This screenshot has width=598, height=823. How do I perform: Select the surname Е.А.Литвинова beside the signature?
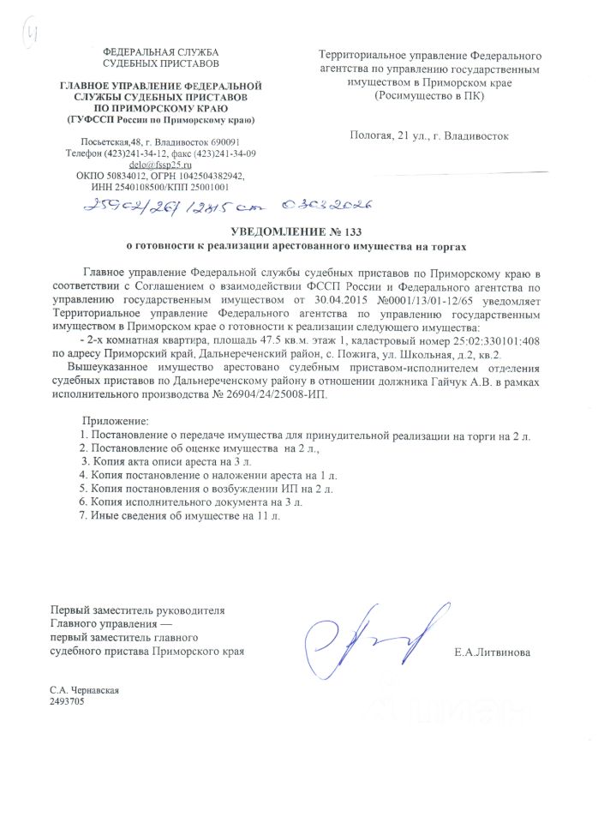click(493, 652)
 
